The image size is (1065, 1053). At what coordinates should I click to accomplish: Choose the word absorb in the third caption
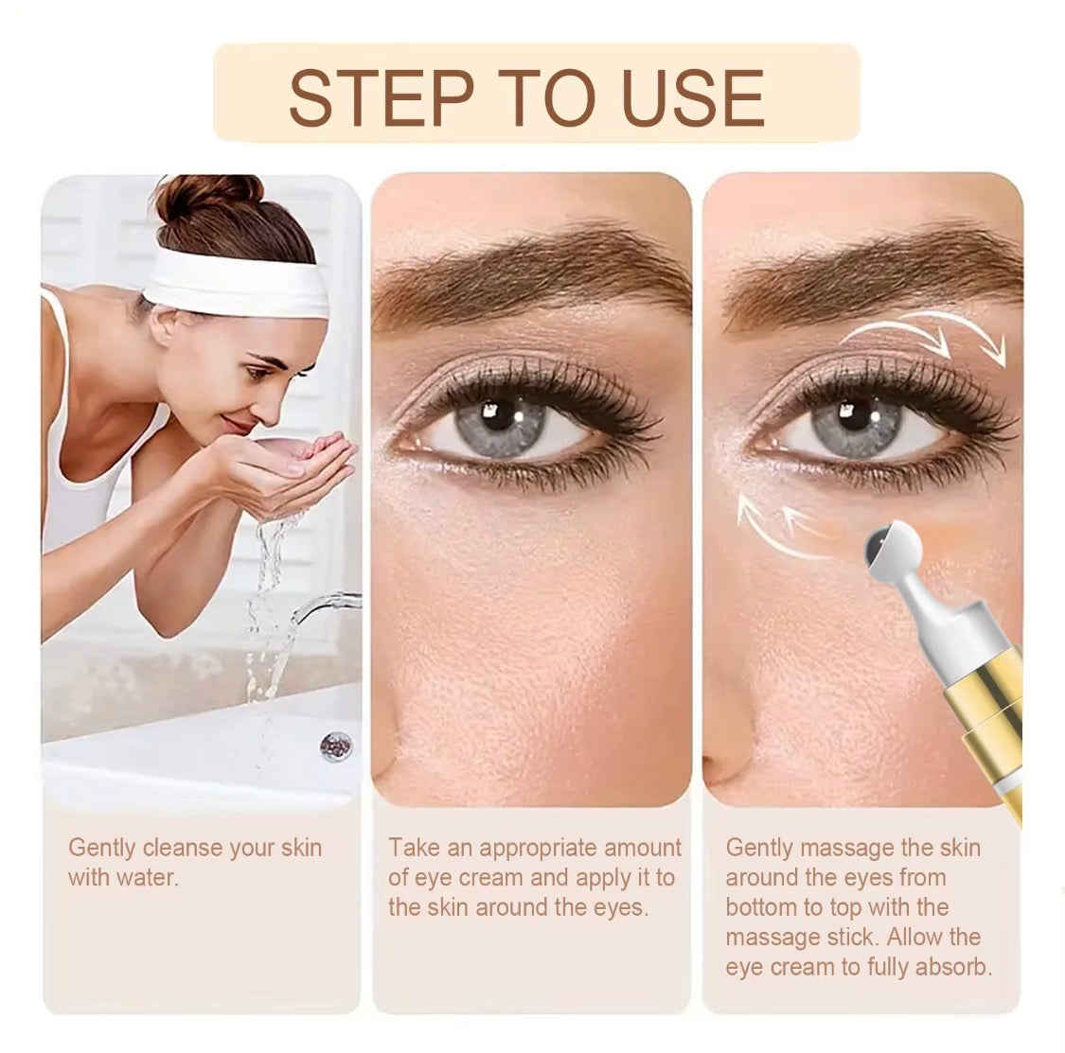click(951, 968)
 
